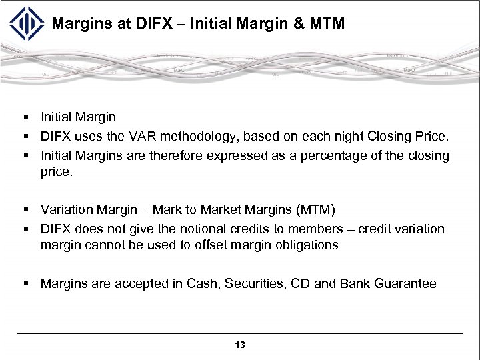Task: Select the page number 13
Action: (x=240, y=345)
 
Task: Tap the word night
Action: (x=343, y=137)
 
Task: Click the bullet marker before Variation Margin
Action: (x=25, y=210)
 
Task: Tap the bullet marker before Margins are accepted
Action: (x=25, y=283)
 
